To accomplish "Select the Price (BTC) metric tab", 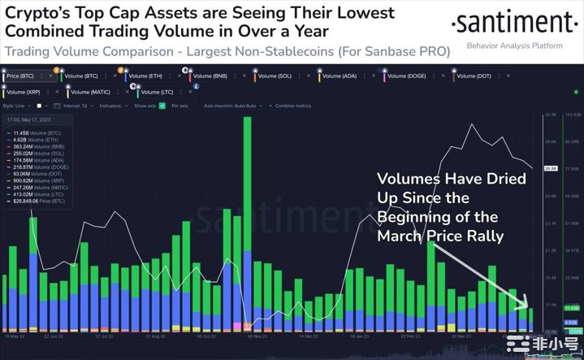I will [x=24, y=76].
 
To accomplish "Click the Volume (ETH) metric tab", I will [x=151, y=76].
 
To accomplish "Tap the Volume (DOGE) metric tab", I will [x=411, y=76].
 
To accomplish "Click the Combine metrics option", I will [x=296, y=106].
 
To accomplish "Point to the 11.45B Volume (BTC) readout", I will [x=37, y=132].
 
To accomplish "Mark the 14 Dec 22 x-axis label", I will [x=309, y=334].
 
